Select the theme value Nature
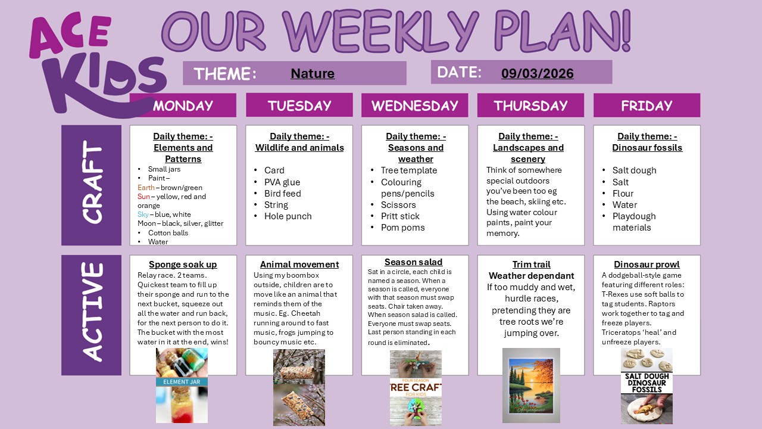click(313, 73)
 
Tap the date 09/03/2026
click(537, 73)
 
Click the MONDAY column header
click(183, 105)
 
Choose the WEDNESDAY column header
click(414, 105)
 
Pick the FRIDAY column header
click(647, 105)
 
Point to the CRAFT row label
click(91, 185)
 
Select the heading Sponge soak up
click(183, 265)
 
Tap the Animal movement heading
click(299, 265)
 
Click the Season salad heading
click(413, 262)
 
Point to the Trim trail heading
click(531, 265)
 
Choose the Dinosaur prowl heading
click(647, 265)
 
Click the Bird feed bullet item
click(283, 194)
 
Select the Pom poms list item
click(403, 228)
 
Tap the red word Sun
click(143, 197)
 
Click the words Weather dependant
click(531, 276)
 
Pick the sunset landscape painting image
click(531, 385)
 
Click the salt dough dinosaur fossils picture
click(647, 386)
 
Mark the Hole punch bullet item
click(288, 216)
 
